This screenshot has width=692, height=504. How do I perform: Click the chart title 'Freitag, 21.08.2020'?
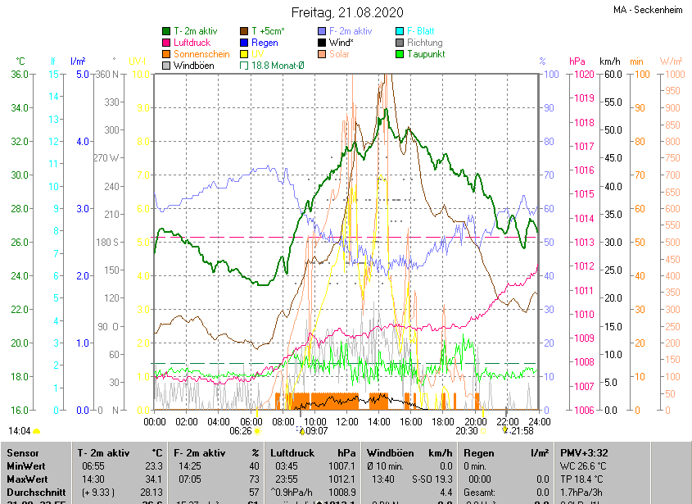(x=347, y=12)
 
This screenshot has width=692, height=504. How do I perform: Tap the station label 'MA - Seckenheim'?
(x=648, y=11)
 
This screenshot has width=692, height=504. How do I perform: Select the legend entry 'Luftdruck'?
(x=192, y=43)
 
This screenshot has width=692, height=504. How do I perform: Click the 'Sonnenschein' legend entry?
(x=201, y=54)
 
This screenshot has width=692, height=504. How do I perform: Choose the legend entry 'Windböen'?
(x=192, y=66)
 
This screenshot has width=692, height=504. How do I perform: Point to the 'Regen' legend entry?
(x=265, y=43)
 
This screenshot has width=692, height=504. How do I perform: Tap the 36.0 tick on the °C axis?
(x=20, y=75)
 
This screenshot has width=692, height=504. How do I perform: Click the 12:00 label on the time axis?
(x=347, y=421)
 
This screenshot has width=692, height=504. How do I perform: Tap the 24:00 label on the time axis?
(x=538, y=421)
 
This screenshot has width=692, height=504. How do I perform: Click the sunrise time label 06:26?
(x=241, y=430)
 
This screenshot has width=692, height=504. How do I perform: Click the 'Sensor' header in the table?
(x=25, y=452)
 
